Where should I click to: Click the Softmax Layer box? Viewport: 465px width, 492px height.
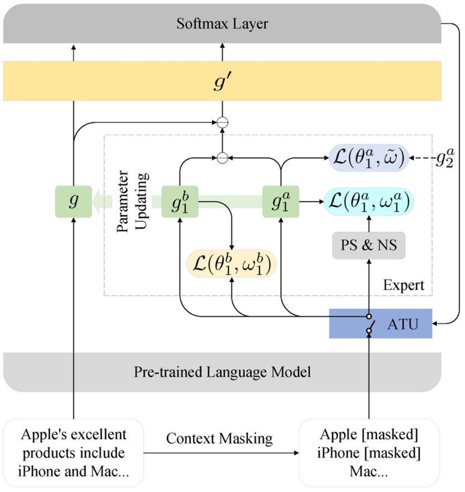[222, 23]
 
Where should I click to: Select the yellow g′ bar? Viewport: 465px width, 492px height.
[222, 81]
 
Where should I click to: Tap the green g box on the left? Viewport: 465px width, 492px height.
[73, 201]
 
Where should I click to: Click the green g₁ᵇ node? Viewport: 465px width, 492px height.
[180, 201]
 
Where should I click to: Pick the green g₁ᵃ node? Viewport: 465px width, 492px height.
[281, 201]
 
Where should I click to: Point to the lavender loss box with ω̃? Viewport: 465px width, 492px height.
[369, 158]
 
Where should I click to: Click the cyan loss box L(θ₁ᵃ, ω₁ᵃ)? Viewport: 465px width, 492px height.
[369, 201]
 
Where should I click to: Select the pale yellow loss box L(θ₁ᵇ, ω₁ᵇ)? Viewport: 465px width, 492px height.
[231, 263]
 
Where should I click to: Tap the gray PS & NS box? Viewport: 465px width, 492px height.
[369, 245]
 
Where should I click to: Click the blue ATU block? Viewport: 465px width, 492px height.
[381, 324]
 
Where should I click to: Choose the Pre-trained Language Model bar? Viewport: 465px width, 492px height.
[222, 372]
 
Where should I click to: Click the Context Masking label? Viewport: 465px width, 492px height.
[219, 439]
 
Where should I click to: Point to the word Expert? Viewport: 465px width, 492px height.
[404, 285]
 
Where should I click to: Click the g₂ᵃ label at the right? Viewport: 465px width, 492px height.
[445, 158]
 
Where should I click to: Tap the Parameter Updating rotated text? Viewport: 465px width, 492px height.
[132, 201]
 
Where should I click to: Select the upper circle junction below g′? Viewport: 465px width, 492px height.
[222, 122]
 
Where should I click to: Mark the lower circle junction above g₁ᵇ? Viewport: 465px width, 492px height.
[222, 158]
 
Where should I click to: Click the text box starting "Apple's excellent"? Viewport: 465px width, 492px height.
[73, 453]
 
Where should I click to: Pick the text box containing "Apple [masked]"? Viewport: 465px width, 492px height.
[369, 453]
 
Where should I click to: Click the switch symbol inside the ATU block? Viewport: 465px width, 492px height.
[369, 324]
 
